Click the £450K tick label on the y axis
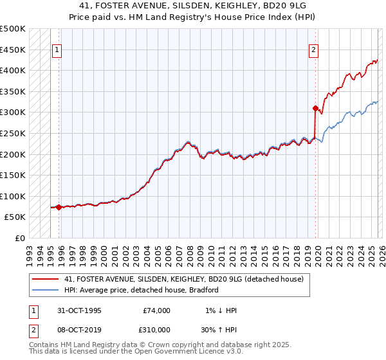13,50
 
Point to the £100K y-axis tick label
13,196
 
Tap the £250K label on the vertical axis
13,133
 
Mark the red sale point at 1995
59,207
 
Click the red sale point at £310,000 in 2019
315,108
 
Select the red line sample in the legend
46,279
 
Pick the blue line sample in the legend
46,290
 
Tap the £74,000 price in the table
156,310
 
